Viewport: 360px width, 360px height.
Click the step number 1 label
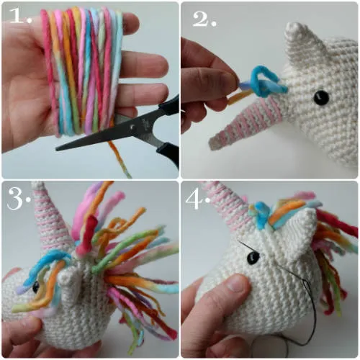(20, 17)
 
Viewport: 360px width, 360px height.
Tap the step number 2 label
(204, 19)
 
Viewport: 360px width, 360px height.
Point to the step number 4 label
(197, 199)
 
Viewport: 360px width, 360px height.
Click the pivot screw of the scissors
(132, 127)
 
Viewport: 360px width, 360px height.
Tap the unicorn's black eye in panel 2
(321, 98)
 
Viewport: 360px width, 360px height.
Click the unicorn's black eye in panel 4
(253, 257)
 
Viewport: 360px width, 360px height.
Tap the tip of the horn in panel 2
(211, 145)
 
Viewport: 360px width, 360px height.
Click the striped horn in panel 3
(52, 221)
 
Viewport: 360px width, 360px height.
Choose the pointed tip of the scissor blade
(57, 149)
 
